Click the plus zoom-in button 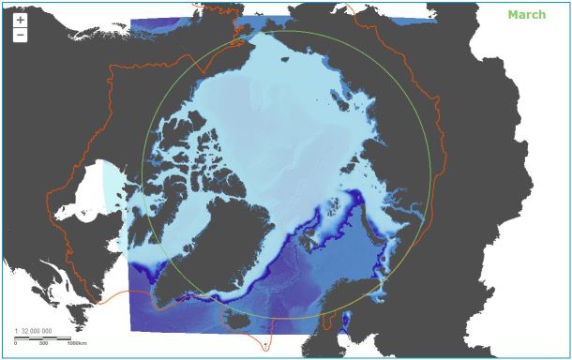tap(21, 20)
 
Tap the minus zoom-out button tap(21, 36)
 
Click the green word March tap(526, 15)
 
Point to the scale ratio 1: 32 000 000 tap(34, 331)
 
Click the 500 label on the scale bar tap(43, 343)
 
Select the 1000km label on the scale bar tap(77, 343)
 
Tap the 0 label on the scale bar tap(16, 343)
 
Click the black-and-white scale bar tap(42, 337)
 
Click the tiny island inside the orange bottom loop tap(265, 344)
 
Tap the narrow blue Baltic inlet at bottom tap(348, 324)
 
